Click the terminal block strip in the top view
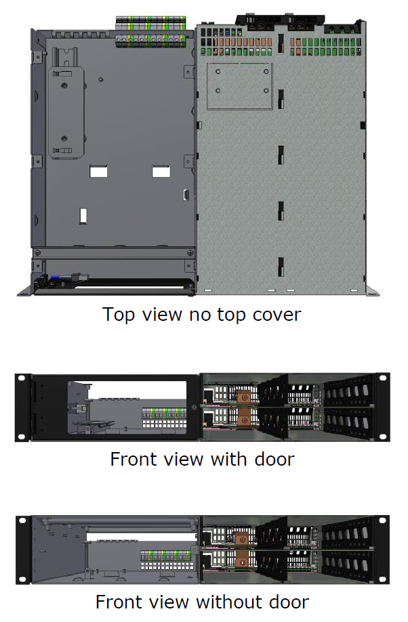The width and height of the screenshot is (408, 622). (x=150, y=31)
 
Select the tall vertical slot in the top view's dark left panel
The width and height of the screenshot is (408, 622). (x=84, y=216)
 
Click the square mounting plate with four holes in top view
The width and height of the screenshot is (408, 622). (x=239, y=87)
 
